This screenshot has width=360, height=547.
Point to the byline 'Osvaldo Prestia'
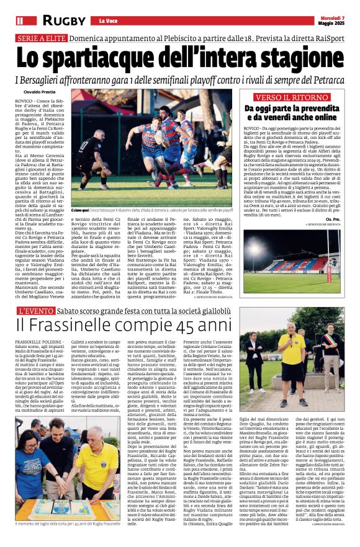[x=32, y=92]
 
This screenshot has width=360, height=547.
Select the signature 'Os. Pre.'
[x=333, y=218]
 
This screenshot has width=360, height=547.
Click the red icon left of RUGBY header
[x=19, y=21]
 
